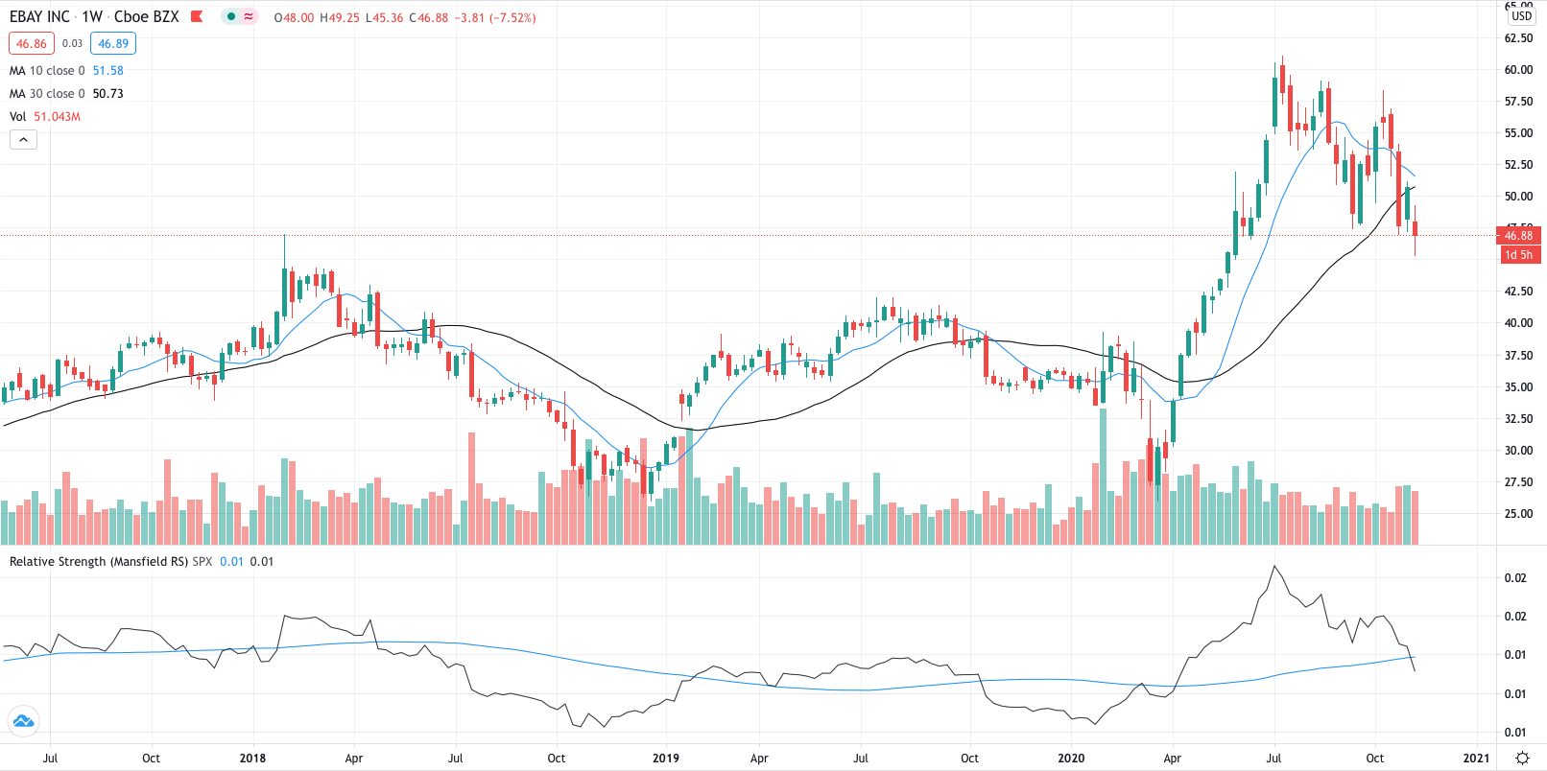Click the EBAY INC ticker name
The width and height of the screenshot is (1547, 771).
pos(39,17)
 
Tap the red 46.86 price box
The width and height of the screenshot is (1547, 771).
pos(32,43)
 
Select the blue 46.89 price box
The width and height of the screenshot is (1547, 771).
pos(113,43)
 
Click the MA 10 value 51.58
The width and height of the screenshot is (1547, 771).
pos(107,71)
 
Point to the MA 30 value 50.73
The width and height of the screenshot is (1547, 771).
pos(107,94)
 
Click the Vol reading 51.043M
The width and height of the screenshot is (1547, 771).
pos(58,117)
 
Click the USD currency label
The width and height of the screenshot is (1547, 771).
pos(1522,16)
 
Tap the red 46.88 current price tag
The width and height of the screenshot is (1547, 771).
pos(1518,235)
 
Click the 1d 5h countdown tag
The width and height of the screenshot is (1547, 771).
pos(1518,255)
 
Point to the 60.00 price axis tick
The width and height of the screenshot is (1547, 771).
pos(1518,70)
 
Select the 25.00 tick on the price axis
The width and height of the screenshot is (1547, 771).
pos(1518,514)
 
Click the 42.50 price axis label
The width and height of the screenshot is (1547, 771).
pos(1518,292)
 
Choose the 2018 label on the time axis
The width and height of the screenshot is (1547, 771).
pos(252,758)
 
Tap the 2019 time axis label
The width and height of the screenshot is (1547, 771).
pos(665,758)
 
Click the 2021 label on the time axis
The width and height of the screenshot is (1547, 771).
pos(1476,758)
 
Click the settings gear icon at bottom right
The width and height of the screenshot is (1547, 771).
pos(1522,758)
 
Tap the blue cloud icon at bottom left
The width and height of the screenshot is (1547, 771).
pos(23,721)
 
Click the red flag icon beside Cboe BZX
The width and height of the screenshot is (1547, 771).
pos(197,17)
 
